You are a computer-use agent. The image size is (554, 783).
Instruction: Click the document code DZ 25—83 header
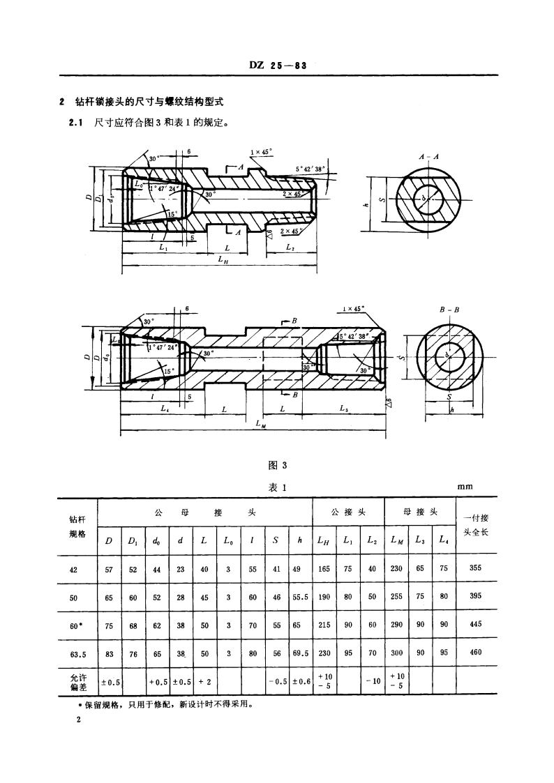[x=278, y=66]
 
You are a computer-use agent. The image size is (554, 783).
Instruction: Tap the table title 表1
[x=277, y=487]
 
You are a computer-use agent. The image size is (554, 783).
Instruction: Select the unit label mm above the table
[x=465, y=487]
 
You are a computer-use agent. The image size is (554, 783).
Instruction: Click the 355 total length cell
[x=476, y=568]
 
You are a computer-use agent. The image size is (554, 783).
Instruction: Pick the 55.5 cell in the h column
[x=300, y=597]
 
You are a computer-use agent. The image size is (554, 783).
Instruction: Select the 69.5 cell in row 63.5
[x=300, y=653]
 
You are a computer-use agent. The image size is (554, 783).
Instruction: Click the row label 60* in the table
[x=75, y=625]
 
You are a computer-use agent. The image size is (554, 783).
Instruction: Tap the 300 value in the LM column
[x=396, y=653]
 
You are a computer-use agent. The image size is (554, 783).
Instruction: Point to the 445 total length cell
[x=476, y=625]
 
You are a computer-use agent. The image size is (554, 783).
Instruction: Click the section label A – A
[x=428, y=158]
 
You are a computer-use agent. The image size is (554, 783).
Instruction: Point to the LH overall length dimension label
[x=220, y=260]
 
